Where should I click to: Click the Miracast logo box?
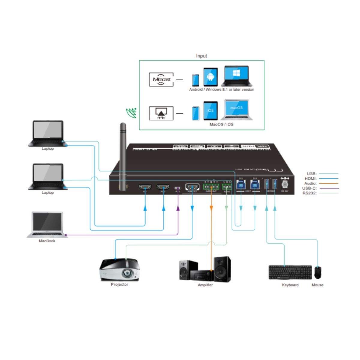161,79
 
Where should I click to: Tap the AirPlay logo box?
161,113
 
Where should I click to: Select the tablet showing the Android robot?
210,77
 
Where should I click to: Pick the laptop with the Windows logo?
236,76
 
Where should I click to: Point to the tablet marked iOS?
210,111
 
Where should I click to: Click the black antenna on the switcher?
123,156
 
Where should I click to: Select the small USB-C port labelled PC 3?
178,188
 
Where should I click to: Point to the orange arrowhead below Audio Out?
211,208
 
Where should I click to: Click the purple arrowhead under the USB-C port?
178,208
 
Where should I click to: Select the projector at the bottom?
120,269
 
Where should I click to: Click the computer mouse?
318,272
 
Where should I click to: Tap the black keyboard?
290,272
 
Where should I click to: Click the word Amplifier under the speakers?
205,285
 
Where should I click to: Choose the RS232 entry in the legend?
310,193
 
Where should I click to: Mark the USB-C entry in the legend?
309,188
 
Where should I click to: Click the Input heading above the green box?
201,56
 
